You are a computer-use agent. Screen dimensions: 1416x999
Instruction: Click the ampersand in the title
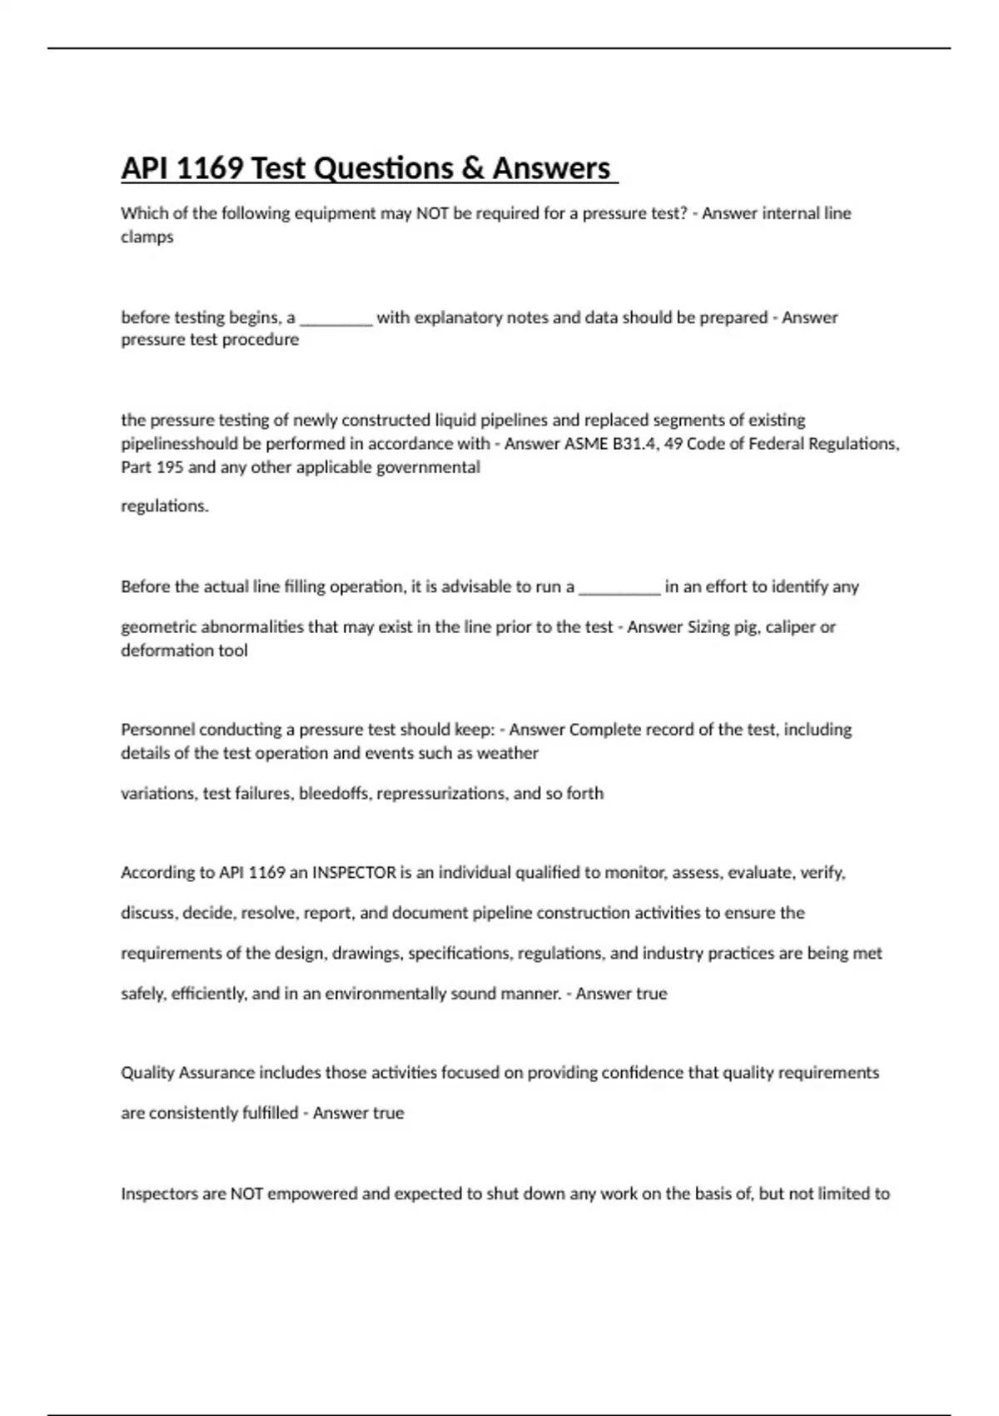point(471,168)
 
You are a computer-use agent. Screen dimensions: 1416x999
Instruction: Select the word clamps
point(147,237)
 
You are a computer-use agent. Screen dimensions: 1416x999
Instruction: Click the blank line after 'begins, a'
point(335,318)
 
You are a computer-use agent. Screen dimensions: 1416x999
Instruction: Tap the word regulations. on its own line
point(165,506)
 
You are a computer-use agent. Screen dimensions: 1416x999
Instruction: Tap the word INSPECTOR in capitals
point(354,873)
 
